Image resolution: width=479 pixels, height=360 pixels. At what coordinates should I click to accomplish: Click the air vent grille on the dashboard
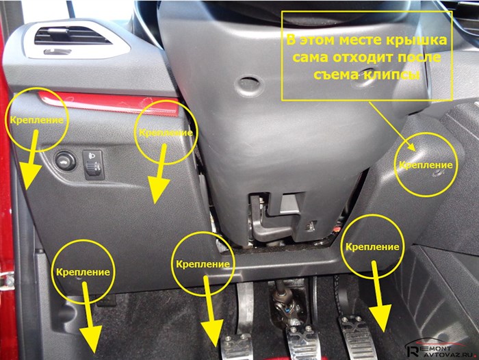pos(73,36)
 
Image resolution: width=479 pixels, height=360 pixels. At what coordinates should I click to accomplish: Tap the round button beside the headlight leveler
pos(66,160)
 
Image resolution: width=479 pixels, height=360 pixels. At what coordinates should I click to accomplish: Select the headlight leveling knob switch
pos(93,164)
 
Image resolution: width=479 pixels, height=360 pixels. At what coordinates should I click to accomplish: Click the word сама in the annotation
pos(311,57)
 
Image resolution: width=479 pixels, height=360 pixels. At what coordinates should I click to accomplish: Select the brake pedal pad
pos(304,342)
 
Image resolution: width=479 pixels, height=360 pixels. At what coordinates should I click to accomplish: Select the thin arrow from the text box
pos(392,126)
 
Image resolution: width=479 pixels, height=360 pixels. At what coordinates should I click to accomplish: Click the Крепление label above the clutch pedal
pos(203,264)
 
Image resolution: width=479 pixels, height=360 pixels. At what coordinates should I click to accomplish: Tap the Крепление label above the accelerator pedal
pos(372,246)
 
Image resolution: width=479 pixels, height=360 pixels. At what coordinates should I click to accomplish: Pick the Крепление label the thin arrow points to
pos(426,165)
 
